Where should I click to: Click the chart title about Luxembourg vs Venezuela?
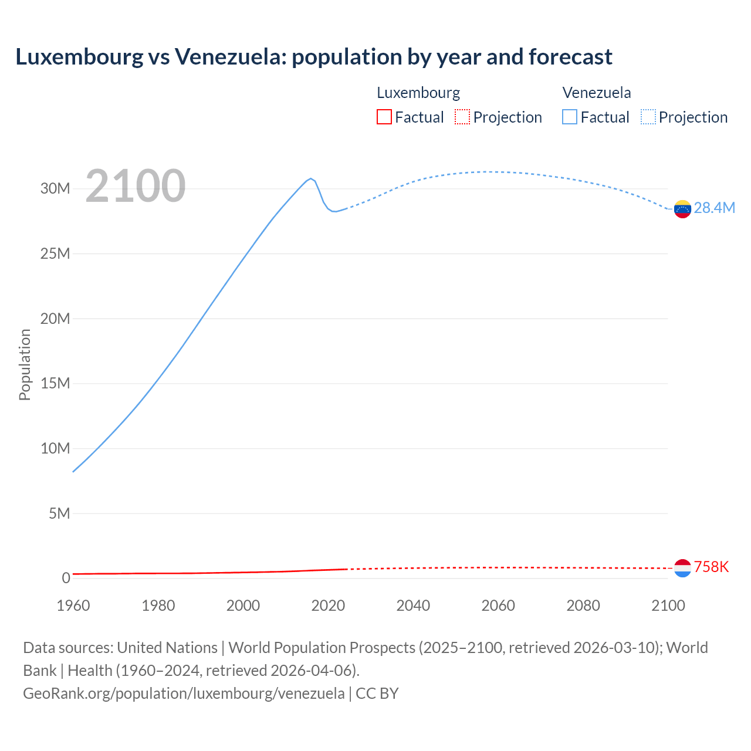pyautogui.click(x=314, y=57)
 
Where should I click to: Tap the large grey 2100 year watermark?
pyautogui.click(x=136, y=186)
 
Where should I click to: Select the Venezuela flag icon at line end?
pyautogui.click(x=682, y=209)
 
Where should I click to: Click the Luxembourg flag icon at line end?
pyautogui.click(x=682, y=568)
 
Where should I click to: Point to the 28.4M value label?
pyautogui.click(x=714, y=208)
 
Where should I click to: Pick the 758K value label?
pyautogui.click(x=711, y=567)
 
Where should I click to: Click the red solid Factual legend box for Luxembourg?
pyautogui.click(x=384, y=117)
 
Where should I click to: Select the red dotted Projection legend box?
pyautogui.click(x=462, y=117)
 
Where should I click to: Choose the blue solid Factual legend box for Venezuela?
pyautogui.click(x=569, y=117)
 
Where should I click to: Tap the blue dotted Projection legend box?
pyautogui.click(x=648, y=117)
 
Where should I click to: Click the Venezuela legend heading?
pyautogui.click(x=597, y=93)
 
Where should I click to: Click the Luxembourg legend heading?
pyautogui.click(x=418, y=93)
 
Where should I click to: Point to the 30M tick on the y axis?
pyautogui.click(x=55, y=189)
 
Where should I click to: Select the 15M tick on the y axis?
pyautogui.click(x=55, y=384)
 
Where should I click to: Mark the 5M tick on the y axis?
pyautogui.click(x=59, y=514)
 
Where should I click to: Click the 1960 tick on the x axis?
pyautogui.click(x=73, y=605)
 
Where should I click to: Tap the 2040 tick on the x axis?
pyautogui.click(x=413, y=605)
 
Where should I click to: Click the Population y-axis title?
pyautogui.click(x=25, y=364)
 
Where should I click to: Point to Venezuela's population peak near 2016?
pyautogui.click(x=311, y=178)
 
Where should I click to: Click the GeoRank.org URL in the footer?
pyautogui.click(x=184, y=694)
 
